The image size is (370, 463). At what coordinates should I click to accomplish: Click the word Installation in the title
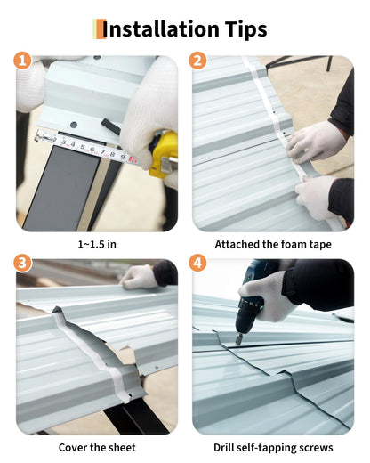click(x=160, y=29)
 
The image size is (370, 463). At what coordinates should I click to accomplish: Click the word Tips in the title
click(x=245, y=29)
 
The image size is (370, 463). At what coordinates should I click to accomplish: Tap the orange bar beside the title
click(x=101, y=28)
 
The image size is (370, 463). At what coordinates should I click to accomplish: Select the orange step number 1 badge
click(x=22, y=61)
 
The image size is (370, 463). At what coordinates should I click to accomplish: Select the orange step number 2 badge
click(x=197, y=61)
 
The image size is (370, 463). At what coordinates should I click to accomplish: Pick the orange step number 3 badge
click(x=22, y=263)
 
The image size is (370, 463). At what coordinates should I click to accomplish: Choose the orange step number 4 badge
click(x=197, y=263)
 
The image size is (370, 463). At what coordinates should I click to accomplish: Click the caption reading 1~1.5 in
click(x=97, y=244)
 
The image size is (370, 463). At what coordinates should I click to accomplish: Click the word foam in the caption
click(x=290, y=244)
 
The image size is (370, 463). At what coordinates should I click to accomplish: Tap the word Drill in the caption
click(x=224, y=447)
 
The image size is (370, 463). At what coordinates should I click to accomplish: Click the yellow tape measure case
click(x=164, y=155)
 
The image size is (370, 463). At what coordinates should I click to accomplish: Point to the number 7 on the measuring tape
click(x=102, y=152)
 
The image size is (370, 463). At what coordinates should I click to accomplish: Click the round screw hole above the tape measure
click(x=74, y=125)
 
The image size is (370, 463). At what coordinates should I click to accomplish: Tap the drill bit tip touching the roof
click(x=238, y=342)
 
